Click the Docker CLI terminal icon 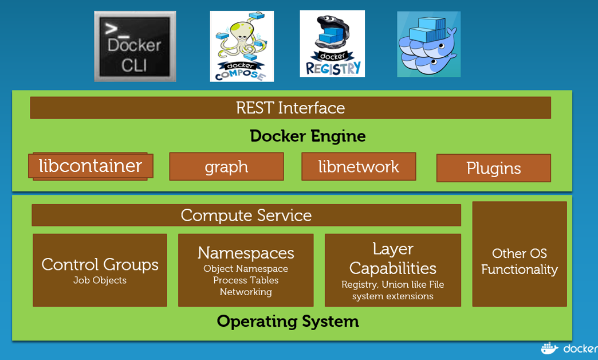coord(135,47)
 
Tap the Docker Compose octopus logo coord(241,46)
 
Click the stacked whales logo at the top coord(428,44)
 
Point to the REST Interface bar coord(290,108)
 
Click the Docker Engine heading coord(308,136)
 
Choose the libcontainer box coord(91,166)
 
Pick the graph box coord(226,167)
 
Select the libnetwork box coord(359,167)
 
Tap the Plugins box coord(493,169)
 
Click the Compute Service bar coord(246,216)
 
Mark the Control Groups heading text coord(100,265)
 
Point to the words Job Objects coord(100,281)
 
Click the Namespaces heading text coord(246,253)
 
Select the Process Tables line coord(246,280)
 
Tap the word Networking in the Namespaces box coord(246,292)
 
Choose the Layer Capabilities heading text coord(393,259)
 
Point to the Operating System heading coord(288,321)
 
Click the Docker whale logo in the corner coord(550,348)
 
